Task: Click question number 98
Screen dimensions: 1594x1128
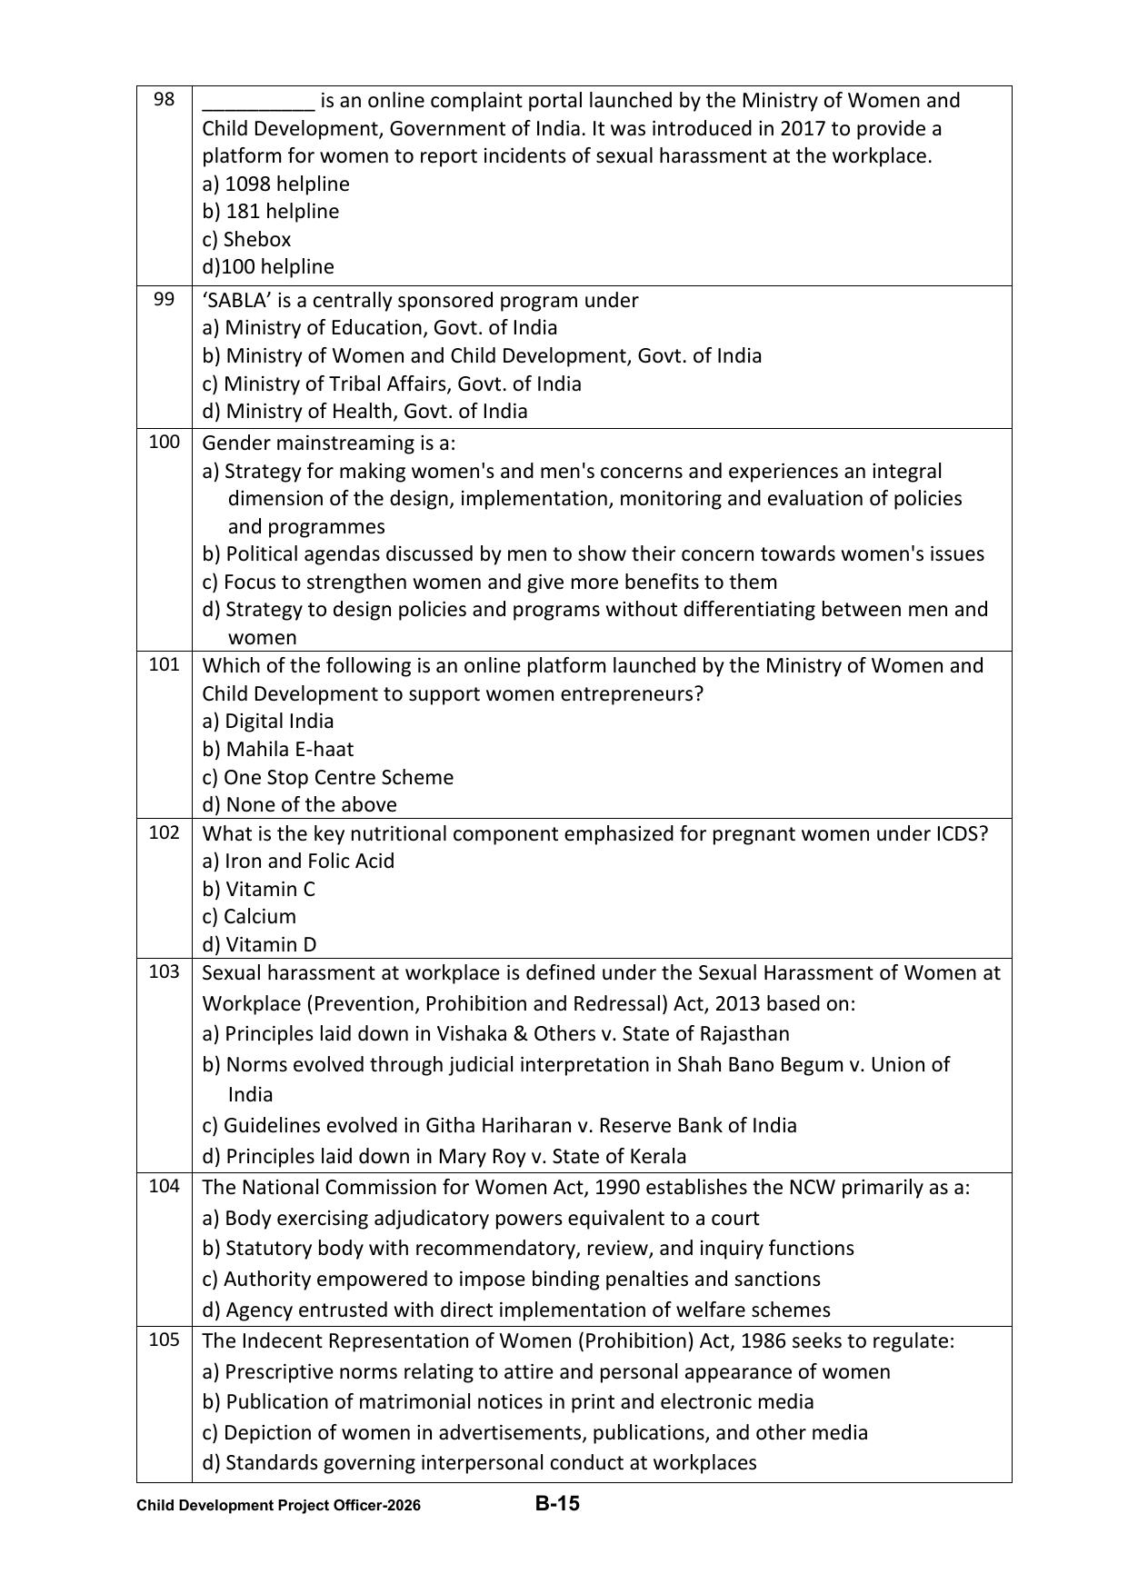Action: click(x=164, y=99)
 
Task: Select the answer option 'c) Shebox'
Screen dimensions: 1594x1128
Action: click(x=246, y=239)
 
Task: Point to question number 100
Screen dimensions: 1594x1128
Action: click(x=164, y=443)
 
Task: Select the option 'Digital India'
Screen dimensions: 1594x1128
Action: click(x=278, y=721)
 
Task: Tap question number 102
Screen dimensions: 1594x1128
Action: click(x=164, y=833)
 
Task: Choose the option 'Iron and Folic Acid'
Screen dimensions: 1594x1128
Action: click(x=309, y=861)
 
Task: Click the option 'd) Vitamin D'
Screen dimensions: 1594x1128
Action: click(x=259, y=944)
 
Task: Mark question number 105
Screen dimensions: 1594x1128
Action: click(x=164, y=1340)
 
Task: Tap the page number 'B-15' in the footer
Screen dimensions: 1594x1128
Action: click(x=557, y=1503)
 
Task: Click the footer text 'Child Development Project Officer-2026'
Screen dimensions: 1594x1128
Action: click(x=278, y=1505)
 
